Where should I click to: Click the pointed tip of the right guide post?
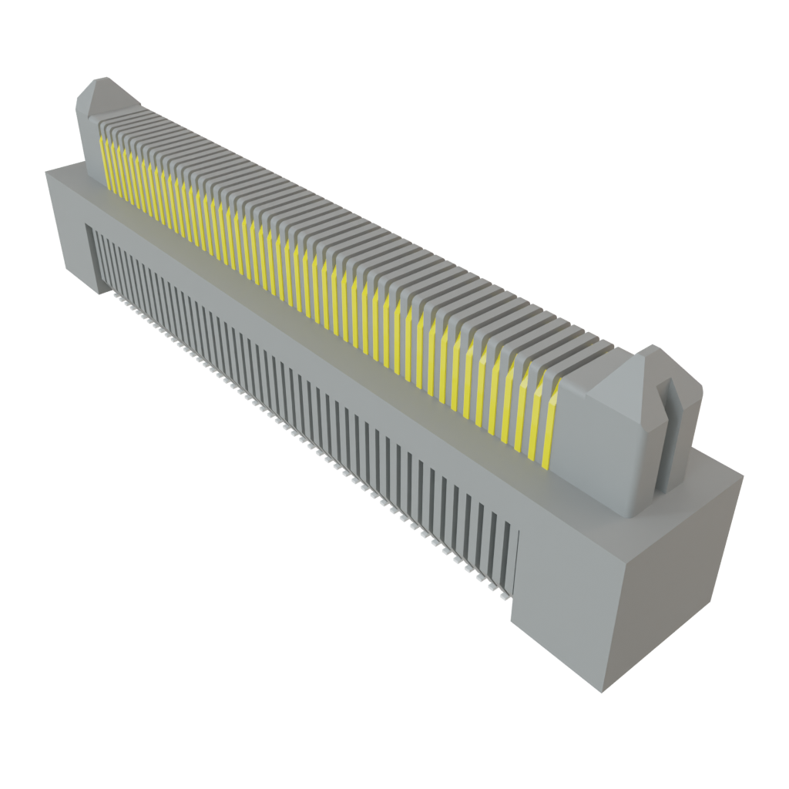point(653,347)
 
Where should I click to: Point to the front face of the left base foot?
point(69,231)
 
